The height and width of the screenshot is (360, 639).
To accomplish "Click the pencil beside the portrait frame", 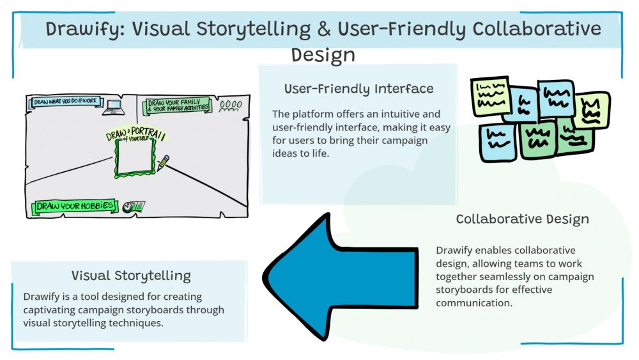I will (163, 162).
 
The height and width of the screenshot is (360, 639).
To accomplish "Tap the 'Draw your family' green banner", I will (178, 106).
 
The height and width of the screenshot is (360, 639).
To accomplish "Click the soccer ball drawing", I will (128, 207).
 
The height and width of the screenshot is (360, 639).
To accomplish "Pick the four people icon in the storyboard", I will (231, 104).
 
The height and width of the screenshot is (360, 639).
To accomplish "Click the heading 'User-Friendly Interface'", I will (358, 89).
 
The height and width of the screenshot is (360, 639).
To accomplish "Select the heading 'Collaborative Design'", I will (522, 219).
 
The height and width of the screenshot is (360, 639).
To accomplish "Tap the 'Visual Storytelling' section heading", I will (131, 276).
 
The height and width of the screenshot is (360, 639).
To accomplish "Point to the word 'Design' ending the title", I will (323, 55).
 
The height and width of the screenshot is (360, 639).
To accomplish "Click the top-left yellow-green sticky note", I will (490, 96).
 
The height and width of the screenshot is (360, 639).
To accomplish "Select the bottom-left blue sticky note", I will (497, 142).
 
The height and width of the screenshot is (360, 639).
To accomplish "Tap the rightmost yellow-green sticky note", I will (592, 109).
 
